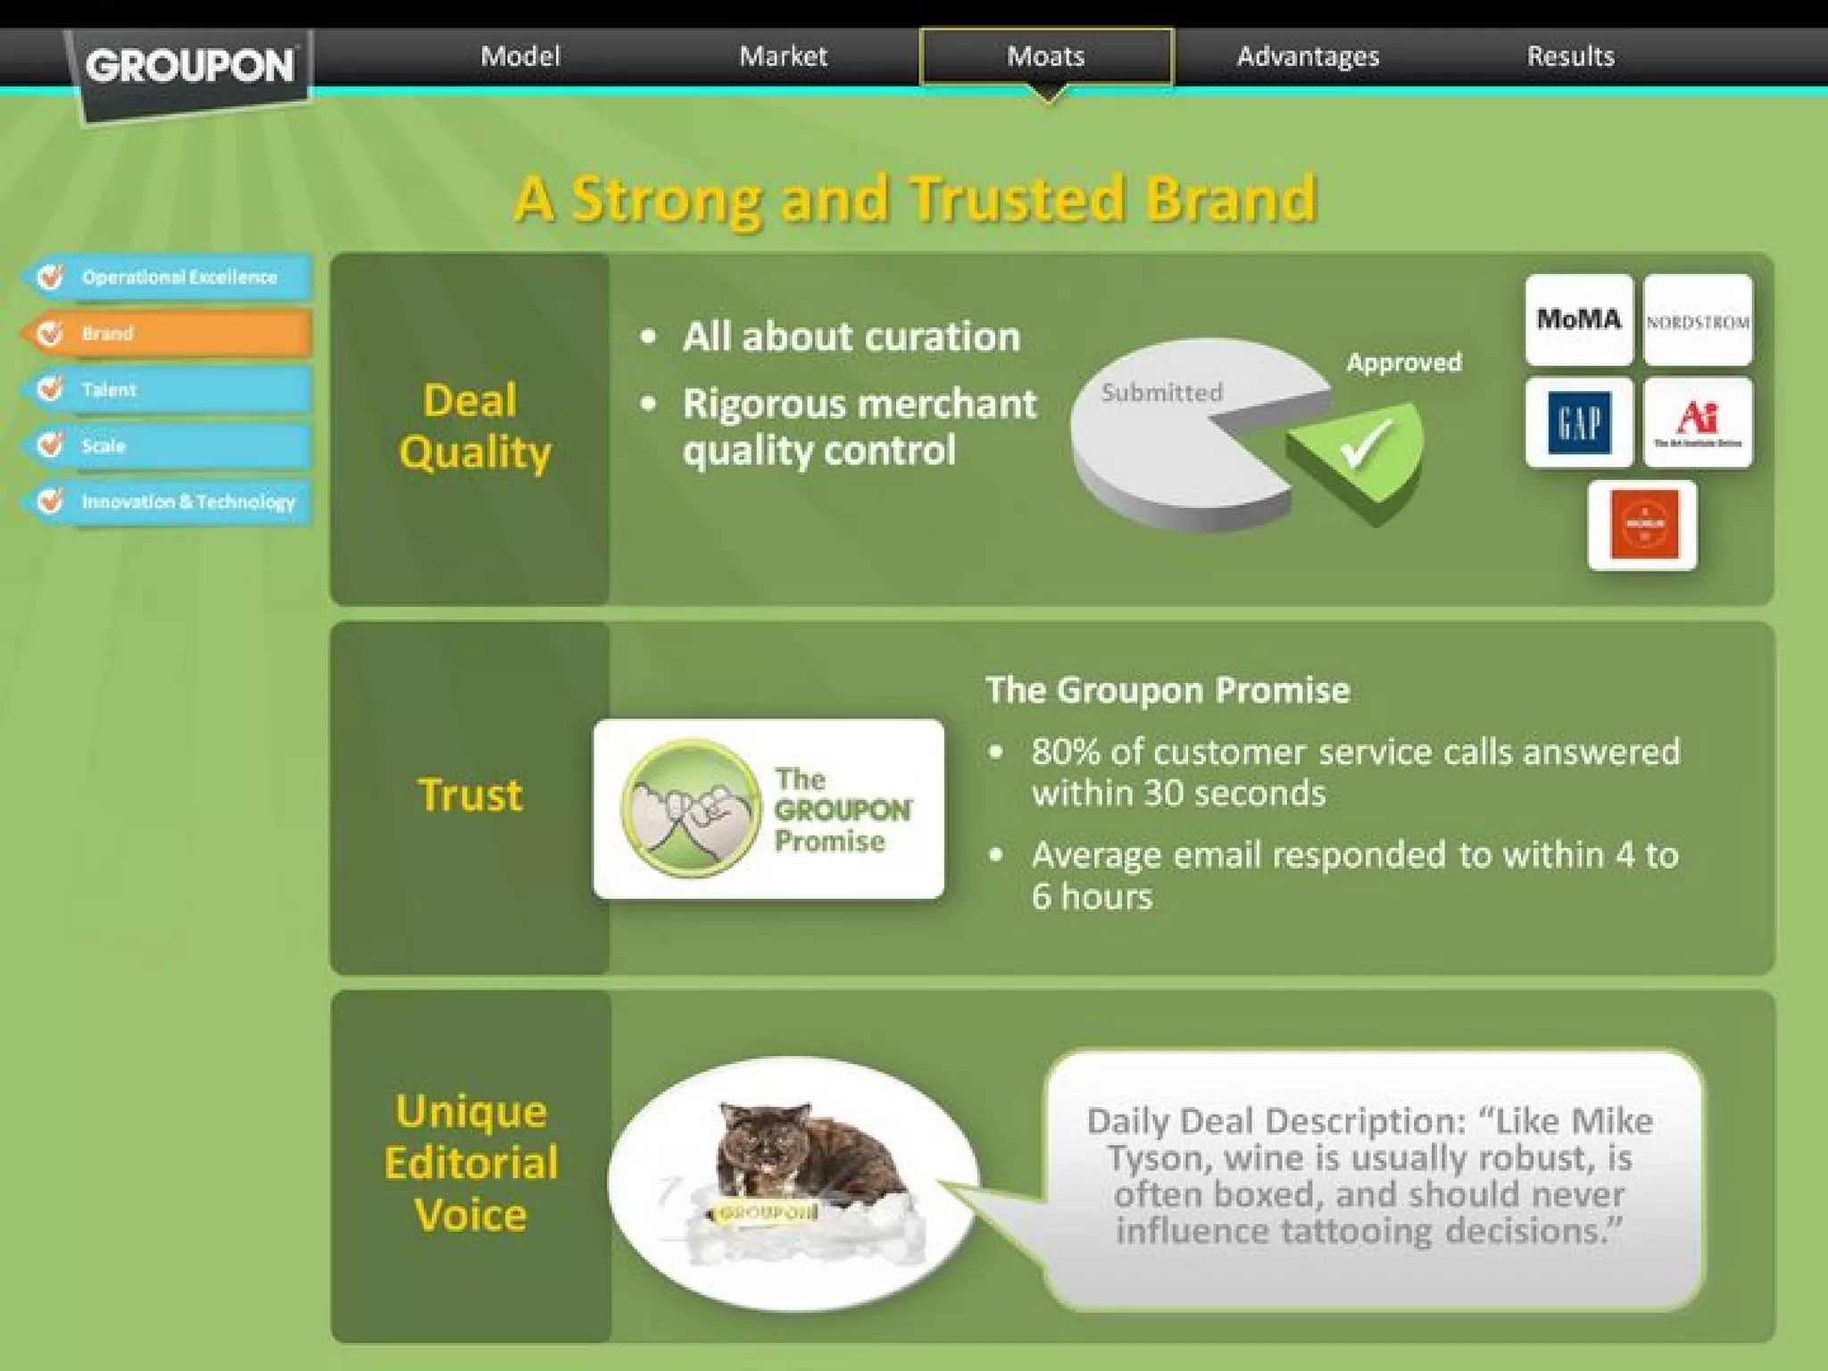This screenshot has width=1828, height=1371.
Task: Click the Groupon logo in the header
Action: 189,67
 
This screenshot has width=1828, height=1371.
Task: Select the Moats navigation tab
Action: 1045,56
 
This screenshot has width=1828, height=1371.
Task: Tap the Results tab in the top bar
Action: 1570,56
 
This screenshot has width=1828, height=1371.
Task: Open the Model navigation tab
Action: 520,56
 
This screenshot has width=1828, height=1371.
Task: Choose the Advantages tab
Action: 1308,56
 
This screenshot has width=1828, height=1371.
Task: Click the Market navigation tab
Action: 783,56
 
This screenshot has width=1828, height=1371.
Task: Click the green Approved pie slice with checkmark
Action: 1361,451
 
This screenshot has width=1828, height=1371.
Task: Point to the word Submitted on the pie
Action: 1161,393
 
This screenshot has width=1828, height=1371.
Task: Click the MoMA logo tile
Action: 1578,320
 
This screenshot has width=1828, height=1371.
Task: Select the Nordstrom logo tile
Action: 1698,321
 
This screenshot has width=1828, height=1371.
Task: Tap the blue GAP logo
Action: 1578,422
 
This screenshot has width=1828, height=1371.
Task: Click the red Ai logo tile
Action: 1698,422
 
